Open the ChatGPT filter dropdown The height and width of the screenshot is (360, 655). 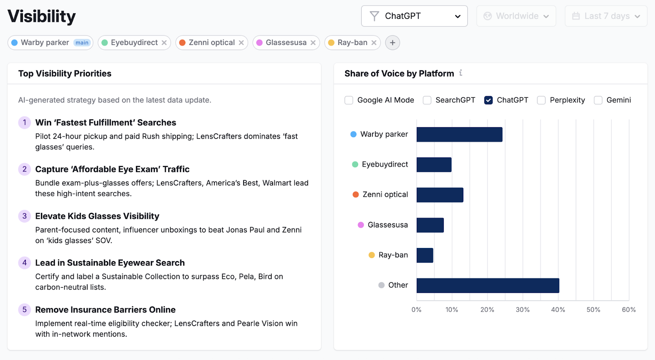coord(414,16)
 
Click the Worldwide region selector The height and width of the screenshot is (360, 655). coord(516,16)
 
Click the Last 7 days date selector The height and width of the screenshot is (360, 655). coord(605,16)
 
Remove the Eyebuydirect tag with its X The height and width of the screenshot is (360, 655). coord(164,43)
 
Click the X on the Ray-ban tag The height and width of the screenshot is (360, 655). coord(374,43)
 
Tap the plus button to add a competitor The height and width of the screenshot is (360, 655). coord(392,43)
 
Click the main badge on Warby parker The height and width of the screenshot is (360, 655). coord(82,43)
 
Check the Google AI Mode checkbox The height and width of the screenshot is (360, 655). coord(349,100)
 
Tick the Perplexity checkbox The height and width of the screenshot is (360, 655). coord(541,100)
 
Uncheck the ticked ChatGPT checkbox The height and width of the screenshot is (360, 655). coord(488,100)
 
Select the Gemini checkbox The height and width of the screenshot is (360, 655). coord(598,100)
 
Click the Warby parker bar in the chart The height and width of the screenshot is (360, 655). coord(459,135)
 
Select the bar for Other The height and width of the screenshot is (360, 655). coord(488,286)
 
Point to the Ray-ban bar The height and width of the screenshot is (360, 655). coord(425,255)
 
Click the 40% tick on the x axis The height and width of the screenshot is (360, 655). coord(558,310)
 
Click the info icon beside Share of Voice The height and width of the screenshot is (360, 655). coord(461,73)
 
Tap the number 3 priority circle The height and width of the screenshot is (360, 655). coord(25,216)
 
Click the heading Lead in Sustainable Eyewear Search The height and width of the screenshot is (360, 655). coord(110,263)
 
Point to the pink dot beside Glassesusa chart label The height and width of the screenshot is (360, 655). coord(361,225)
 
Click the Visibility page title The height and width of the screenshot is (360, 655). coord(42,16)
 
